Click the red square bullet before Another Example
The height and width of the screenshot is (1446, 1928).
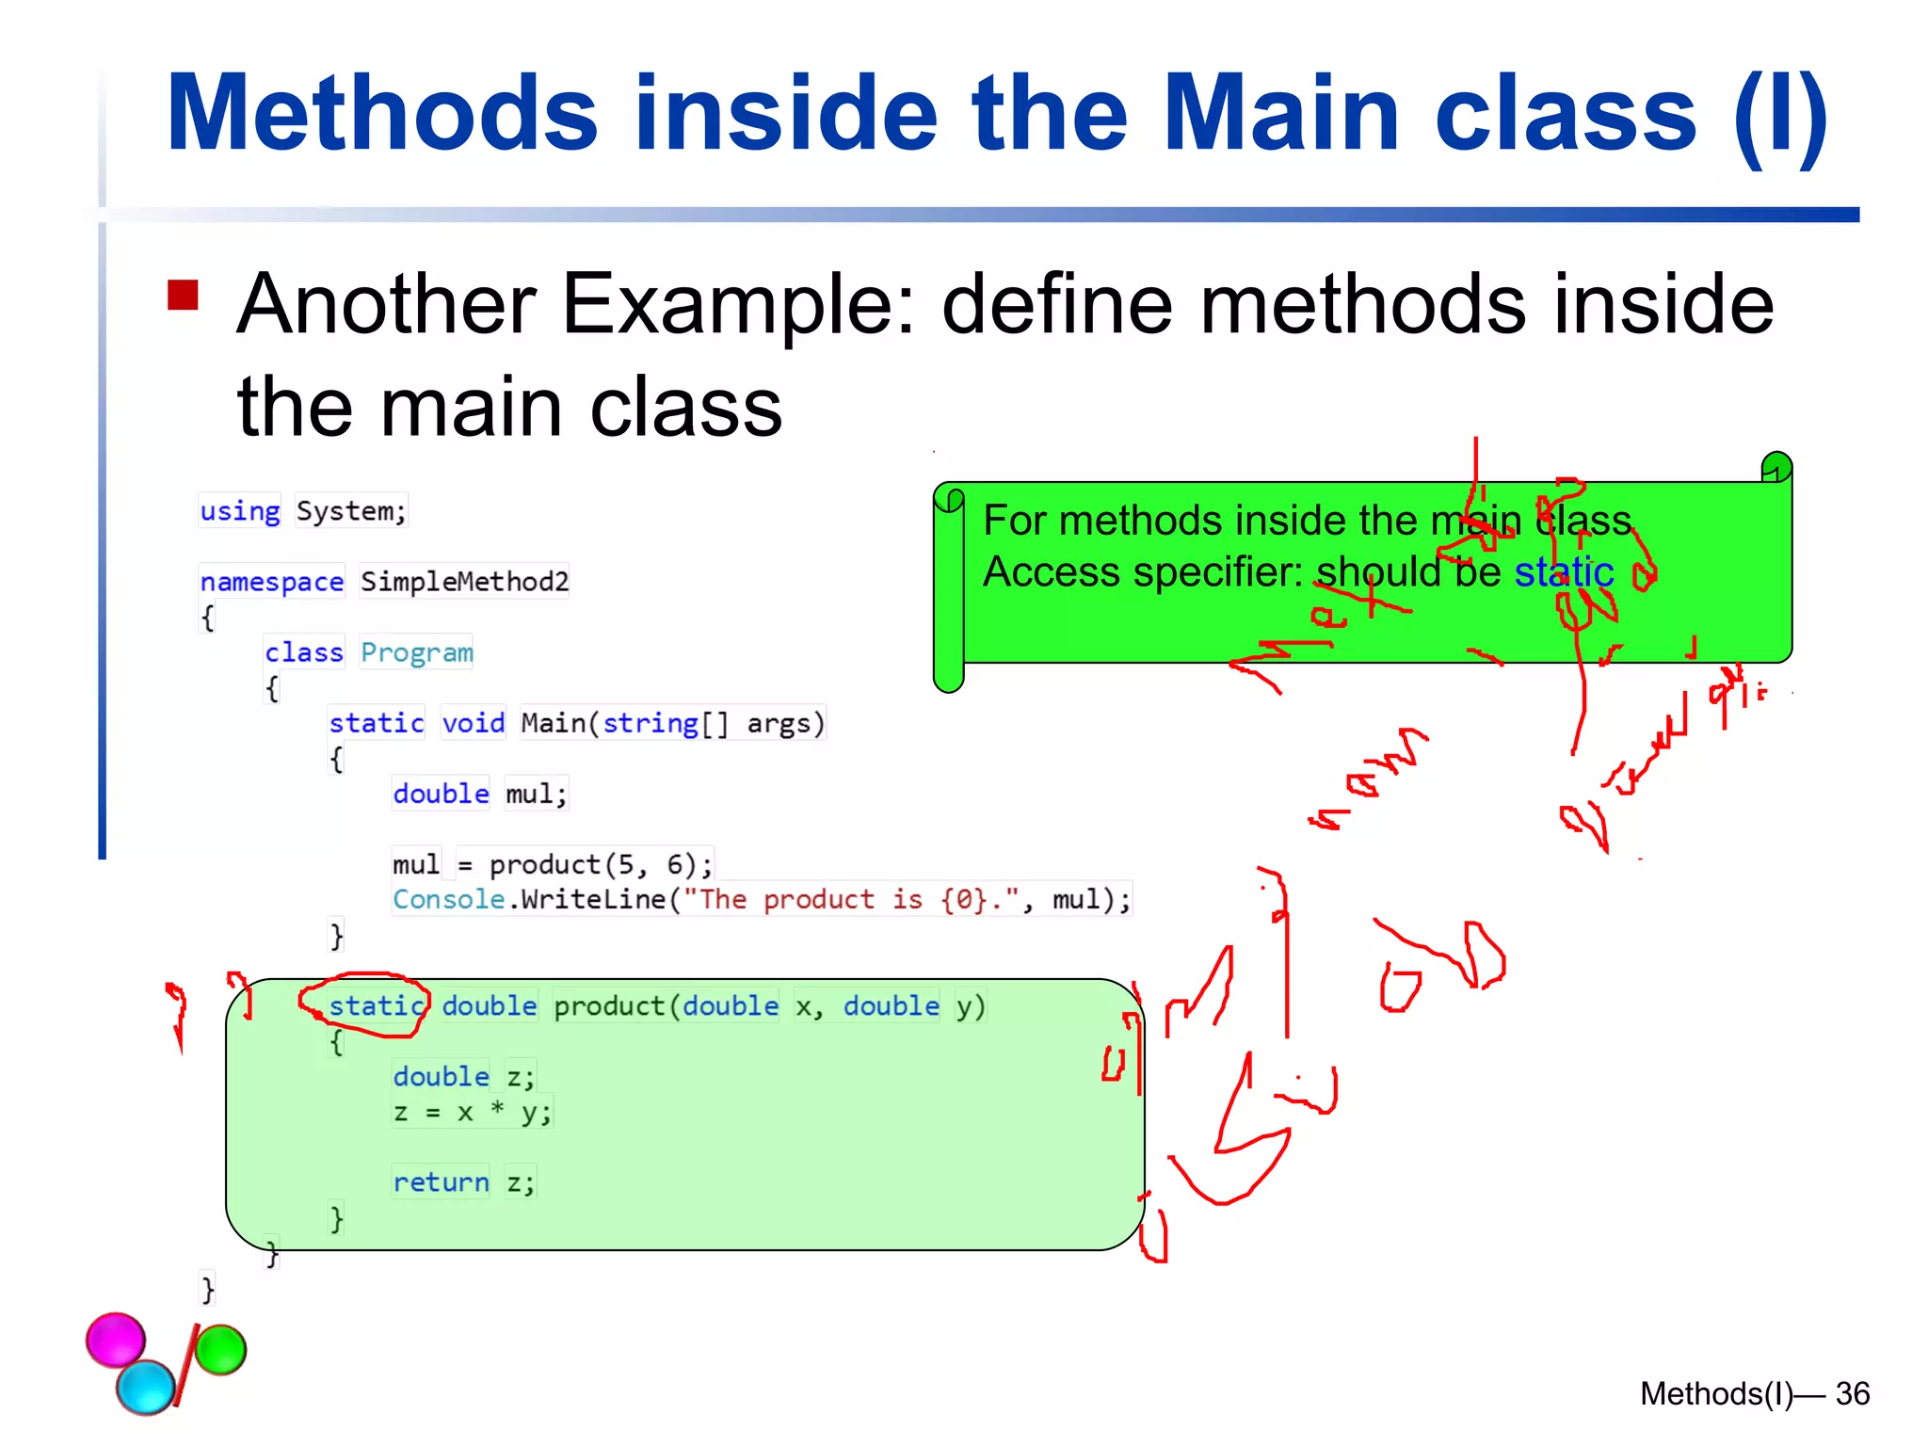point(183,295)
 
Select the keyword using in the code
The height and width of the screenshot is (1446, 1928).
point(240,511)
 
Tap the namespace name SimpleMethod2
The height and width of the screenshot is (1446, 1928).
point(464,582)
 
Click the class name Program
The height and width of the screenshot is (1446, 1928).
point(416,652)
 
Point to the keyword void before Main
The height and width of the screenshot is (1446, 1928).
point(474,723)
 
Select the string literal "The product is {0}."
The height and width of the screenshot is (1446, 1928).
point(851,900)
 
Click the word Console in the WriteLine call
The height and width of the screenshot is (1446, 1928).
point(448,900)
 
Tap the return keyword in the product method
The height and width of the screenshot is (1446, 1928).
point(441,1182)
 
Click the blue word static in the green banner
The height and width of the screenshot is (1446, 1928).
point(1564,572)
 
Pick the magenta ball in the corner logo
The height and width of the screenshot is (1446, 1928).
point(116,1339)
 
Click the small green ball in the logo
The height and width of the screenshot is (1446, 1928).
point(221,1349)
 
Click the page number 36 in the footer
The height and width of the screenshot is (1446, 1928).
point(1852,1393)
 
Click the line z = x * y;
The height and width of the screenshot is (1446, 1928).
point(473,1113)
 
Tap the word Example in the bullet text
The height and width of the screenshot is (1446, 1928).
point(737,304)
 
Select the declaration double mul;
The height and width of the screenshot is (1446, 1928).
point(480,794)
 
